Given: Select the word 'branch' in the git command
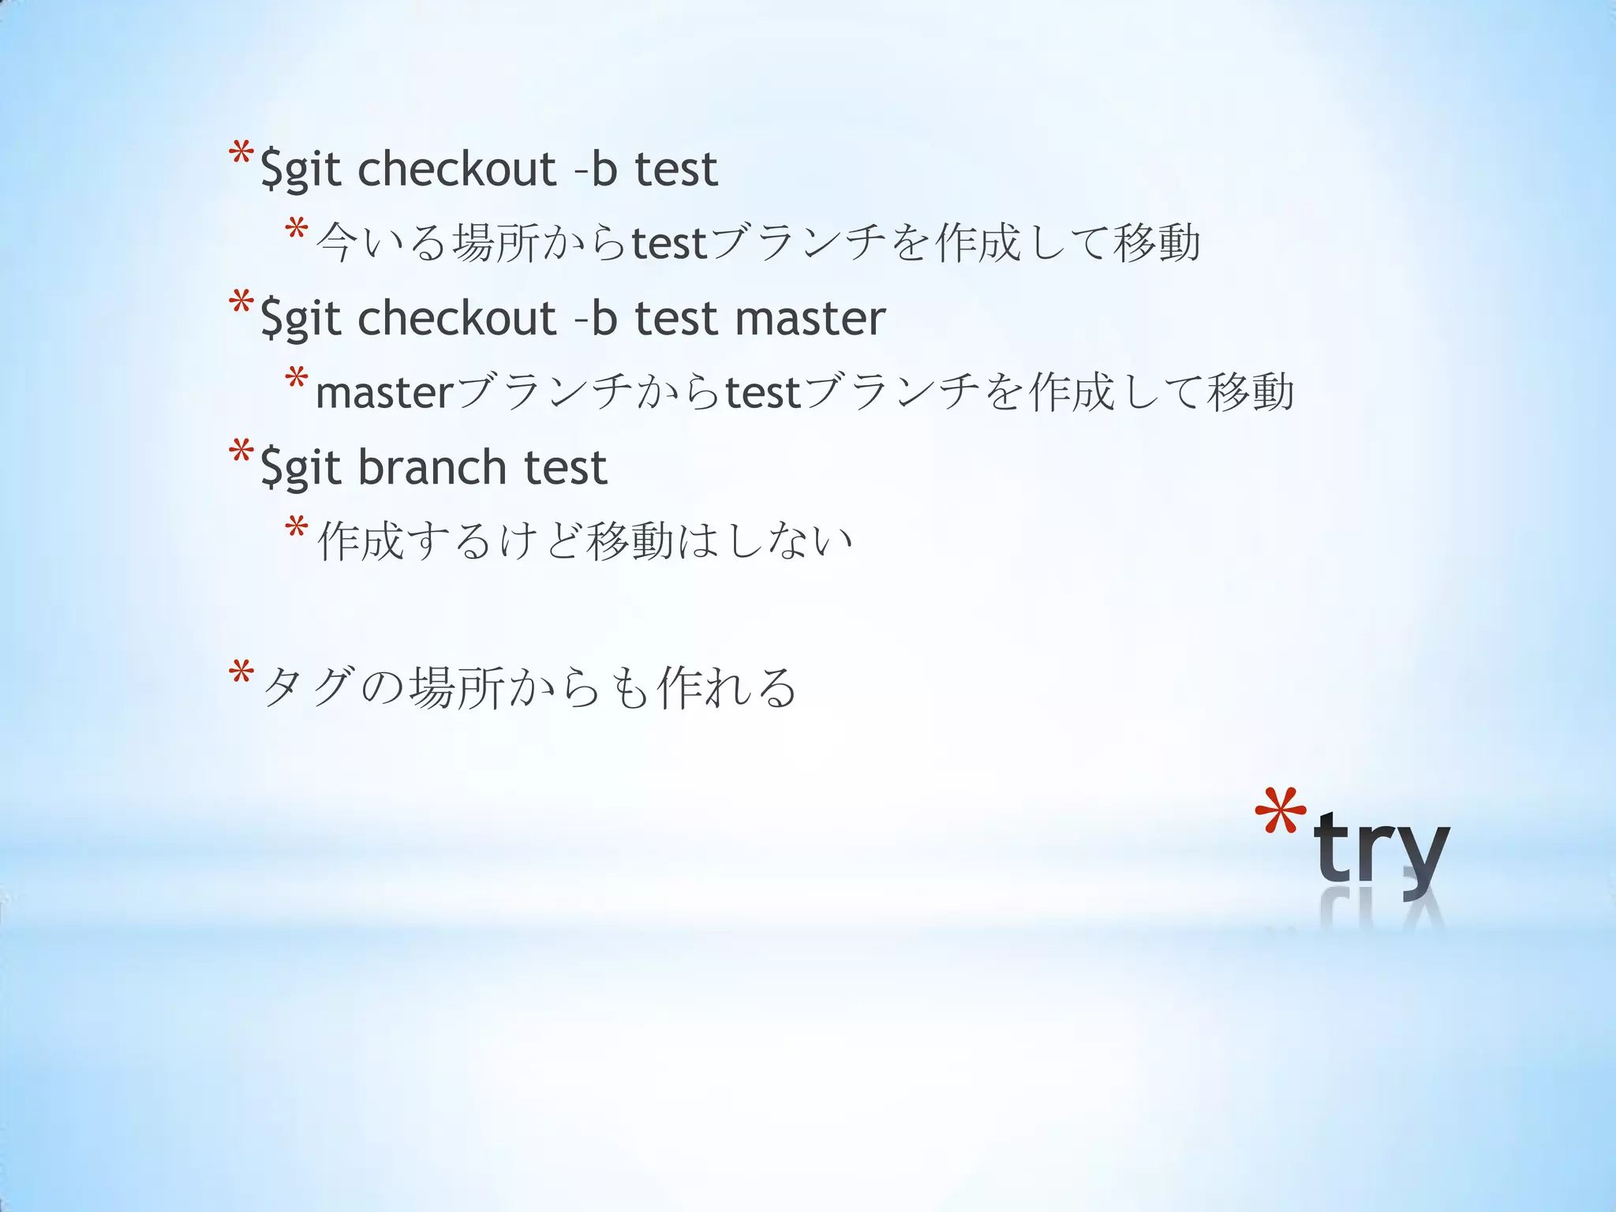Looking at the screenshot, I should [x=432, y=467].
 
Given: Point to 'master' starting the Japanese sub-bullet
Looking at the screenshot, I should [x=384, y=392].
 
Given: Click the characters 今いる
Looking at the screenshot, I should [x=382, y=242].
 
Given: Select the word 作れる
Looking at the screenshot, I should [x=726, y=686].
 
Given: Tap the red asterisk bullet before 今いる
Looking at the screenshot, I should [x=297, y=231].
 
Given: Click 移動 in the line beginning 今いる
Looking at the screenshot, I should [x=1157, y=242].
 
